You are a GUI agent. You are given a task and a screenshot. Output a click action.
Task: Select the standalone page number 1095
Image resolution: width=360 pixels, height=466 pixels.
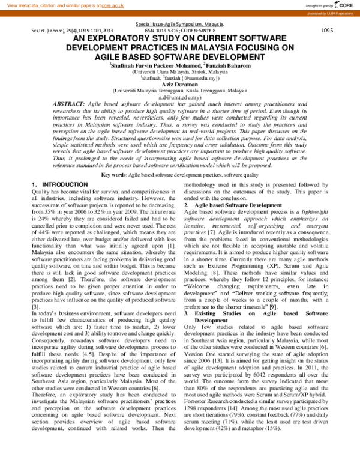point(327,30)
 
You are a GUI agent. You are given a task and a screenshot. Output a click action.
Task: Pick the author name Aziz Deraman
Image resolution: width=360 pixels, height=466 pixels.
point(181,84)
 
